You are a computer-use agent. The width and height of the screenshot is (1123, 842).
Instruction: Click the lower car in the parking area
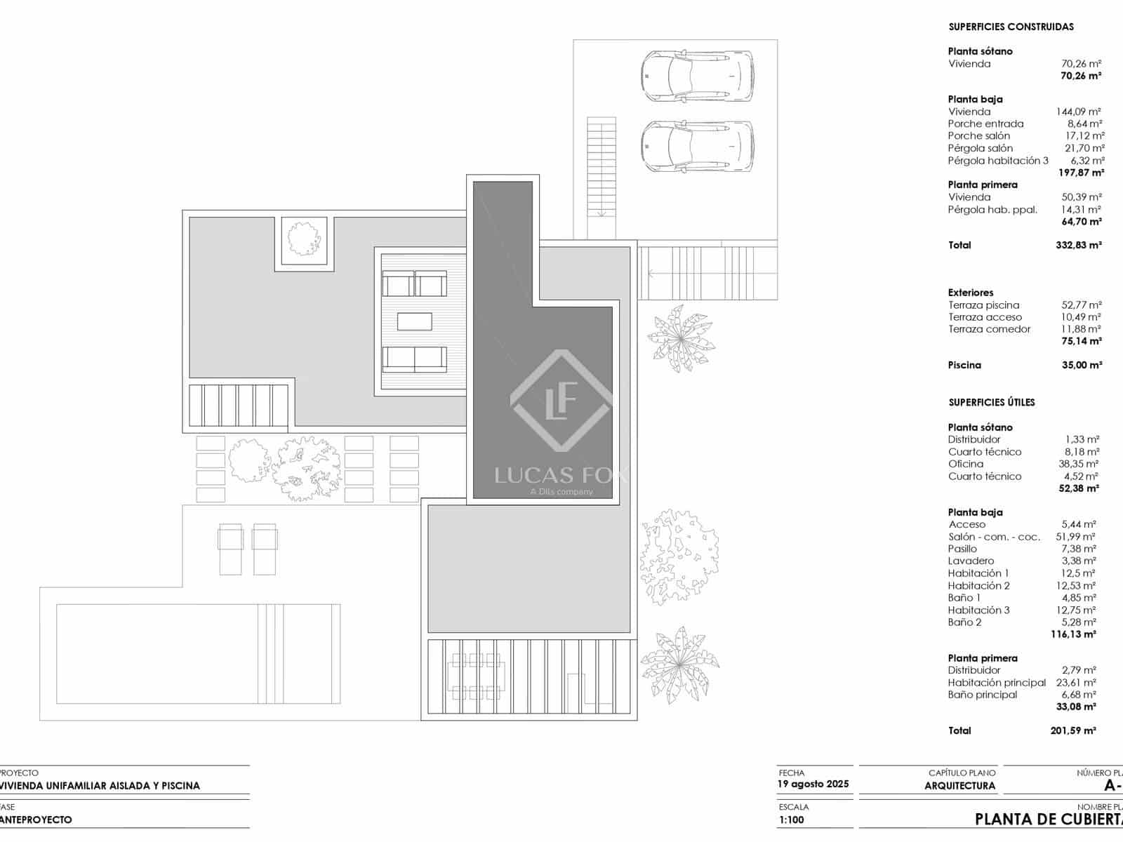tap(697, 146)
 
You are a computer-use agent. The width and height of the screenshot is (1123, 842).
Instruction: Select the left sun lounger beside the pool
tap(230, 549)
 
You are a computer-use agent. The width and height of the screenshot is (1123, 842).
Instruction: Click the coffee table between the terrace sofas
tap(414, 321)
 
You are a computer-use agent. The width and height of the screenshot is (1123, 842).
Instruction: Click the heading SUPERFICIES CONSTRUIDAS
tap(1011, 27)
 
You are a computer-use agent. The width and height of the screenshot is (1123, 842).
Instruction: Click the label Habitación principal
tap(992, 682)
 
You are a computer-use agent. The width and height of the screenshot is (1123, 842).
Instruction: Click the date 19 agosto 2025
tap(813, 784)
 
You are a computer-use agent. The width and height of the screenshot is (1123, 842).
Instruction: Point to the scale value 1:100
tap(792, 820)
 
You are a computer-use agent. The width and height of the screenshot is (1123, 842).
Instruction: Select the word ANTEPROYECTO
tap(36, 820)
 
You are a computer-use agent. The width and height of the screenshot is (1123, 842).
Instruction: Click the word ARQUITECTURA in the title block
tap(960, 786)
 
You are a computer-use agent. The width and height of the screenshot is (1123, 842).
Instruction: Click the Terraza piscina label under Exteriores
tap(983, 305)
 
